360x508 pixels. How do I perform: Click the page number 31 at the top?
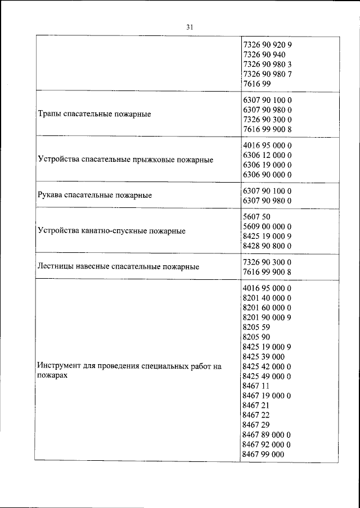pyautogui.click(x=189, y=26)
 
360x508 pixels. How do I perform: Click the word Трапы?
pyautogui.click(x=50, y=114)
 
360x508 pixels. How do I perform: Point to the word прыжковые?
pyautogui.click(x=165, y=160)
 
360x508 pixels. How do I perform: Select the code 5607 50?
pyautogui.click(x=256, y=216)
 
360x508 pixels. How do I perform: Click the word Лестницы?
pyautogui.click(x=56, y=266)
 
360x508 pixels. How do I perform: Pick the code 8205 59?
pyautogui.click(x=256, y=327)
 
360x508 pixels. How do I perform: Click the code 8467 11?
pyautogui.click(x=256, y=386)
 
